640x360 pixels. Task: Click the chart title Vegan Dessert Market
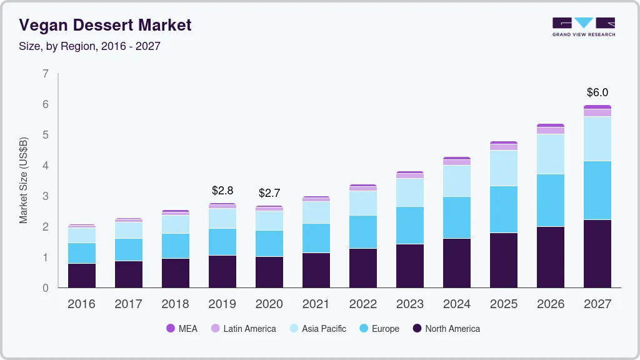[105, 25]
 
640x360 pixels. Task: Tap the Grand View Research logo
[583, 26]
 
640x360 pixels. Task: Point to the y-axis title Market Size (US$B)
[24, 181]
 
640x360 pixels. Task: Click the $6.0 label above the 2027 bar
[597, 92]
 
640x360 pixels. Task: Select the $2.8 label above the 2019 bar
[222, 190]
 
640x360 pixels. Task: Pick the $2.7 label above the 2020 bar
[269, 193]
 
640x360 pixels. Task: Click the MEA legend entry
[182, 329]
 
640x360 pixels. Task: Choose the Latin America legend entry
[243, 329]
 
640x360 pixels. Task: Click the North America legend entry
[446, 329]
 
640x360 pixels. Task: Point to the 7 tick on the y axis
[45, 74]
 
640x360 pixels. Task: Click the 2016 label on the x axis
[81, 304]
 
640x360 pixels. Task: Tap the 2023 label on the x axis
[410, 304]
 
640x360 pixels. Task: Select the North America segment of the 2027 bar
[597, 254]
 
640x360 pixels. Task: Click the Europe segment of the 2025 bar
[503, 209]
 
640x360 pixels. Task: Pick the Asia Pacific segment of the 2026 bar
[550, 154]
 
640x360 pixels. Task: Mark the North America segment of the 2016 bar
[81, 276]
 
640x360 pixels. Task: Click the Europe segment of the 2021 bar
[316, 238]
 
